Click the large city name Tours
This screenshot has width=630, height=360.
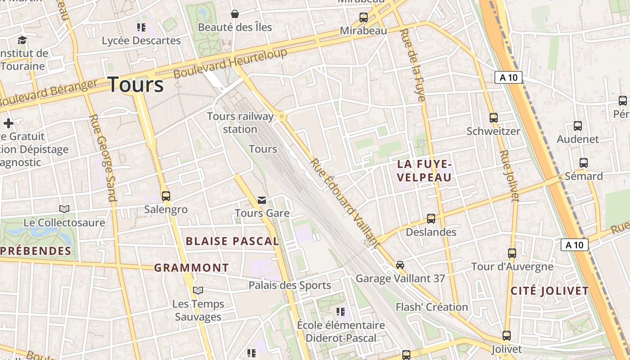coord(136,85)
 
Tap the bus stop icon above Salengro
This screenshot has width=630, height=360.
coord(166,196)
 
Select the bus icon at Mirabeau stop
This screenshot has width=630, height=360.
coord(364,18)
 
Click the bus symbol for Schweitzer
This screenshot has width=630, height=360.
coord(494,118)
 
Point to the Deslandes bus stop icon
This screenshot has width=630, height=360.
coord(431,219)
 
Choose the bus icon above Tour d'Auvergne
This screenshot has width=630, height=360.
coord(512,253)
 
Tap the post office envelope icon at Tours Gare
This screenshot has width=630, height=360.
coord(262,200)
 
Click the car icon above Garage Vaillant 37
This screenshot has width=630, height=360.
coord(400,265)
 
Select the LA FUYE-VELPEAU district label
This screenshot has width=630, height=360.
coord(424,171)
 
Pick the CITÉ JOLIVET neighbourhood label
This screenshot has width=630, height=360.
coord(549,291)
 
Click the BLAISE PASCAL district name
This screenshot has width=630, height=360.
coord(233,241)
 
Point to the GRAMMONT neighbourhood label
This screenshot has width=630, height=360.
coord(192,268)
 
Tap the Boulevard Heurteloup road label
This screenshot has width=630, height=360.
coord(230,63)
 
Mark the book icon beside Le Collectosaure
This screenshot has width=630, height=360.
coord(64,209)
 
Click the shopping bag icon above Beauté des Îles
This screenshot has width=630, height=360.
coord(234,14)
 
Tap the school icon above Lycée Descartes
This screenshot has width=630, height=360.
coord(141,27)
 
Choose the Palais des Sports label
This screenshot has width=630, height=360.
coord(290,285)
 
